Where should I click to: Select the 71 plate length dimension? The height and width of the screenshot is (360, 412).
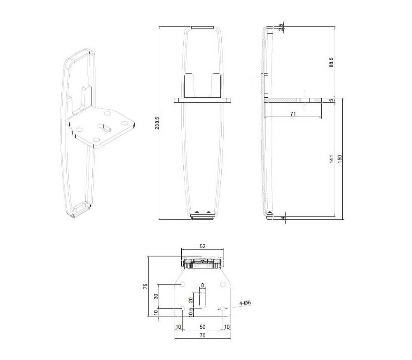click(x=293, y=114)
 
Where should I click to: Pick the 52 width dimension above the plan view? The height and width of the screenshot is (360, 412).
click(x=202, y=246)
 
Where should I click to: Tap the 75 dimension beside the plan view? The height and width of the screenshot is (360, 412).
click(x=145, y=287)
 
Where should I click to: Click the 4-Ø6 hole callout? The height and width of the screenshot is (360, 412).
click(x=245, y=303)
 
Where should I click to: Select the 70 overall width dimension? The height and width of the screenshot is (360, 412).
click(x=202, y=336)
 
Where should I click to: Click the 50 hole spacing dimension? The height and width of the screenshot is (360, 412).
click(x=202, y=327)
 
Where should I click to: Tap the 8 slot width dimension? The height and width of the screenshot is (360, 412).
click(x=202, y=285)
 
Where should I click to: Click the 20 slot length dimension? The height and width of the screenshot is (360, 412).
click(x=190, y=299)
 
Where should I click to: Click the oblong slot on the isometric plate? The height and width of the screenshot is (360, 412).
click(x=104, y=126)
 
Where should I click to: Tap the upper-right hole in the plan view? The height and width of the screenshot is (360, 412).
click(x=223, y=284)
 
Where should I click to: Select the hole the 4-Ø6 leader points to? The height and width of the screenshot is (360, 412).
click(x=223, y=308)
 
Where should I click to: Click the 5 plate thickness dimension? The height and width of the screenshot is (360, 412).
click(x=331, y=100)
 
